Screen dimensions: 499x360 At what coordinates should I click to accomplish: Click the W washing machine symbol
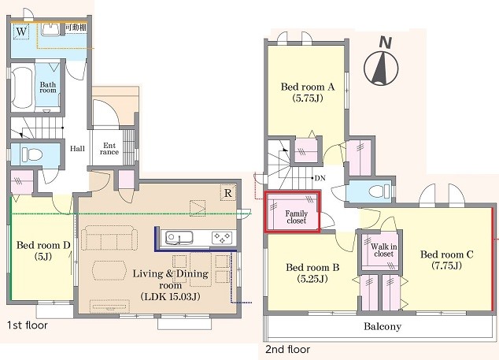click(21, 32)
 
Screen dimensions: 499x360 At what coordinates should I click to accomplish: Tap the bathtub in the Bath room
click(22, 87)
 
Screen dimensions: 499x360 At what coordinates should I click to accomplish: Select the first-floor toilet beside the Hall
click(31, 155)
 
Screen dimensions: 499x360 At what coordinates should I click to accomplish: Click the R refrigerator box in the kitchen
click(228, 193)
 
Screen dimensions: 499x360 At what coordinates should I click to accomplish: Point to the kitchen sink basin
click(179, 238)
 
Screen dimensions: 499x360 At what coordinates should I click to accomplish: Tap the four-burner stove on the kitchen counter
click(222, 238)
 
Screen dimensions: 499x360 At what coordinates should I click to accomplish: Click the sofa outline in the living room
click(109, 238)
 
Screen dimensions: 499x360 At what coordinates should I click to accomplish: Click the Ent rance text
click(109, 149)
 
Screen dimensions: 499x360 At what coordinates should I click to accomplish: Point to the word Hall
click(77, 148)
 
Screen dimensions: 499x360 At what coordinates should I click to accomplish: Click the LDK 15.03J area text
click(170, 297)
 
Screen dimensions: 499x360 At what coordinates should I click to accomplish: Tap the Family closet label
click(296, 217)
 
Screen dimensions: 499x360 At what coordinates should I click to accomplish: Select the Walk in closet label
click(384, 250)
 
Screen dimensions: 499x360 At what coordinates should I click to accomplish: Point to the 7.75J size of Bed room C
click(446, 265)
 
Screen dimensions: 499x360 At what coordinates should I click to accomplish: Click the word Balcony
click(383, 326)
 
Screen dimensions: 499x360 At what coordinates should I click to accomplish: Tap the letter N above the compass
click(386, 43)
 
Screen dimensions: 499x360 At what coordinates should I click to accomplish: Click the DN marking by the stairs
click(320, 178)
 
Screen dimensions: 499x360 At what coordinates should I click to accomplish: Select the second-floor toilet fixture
click(379, 191)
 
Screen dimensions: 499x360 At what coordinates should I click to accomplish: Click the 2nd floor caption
click(288, 350)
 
